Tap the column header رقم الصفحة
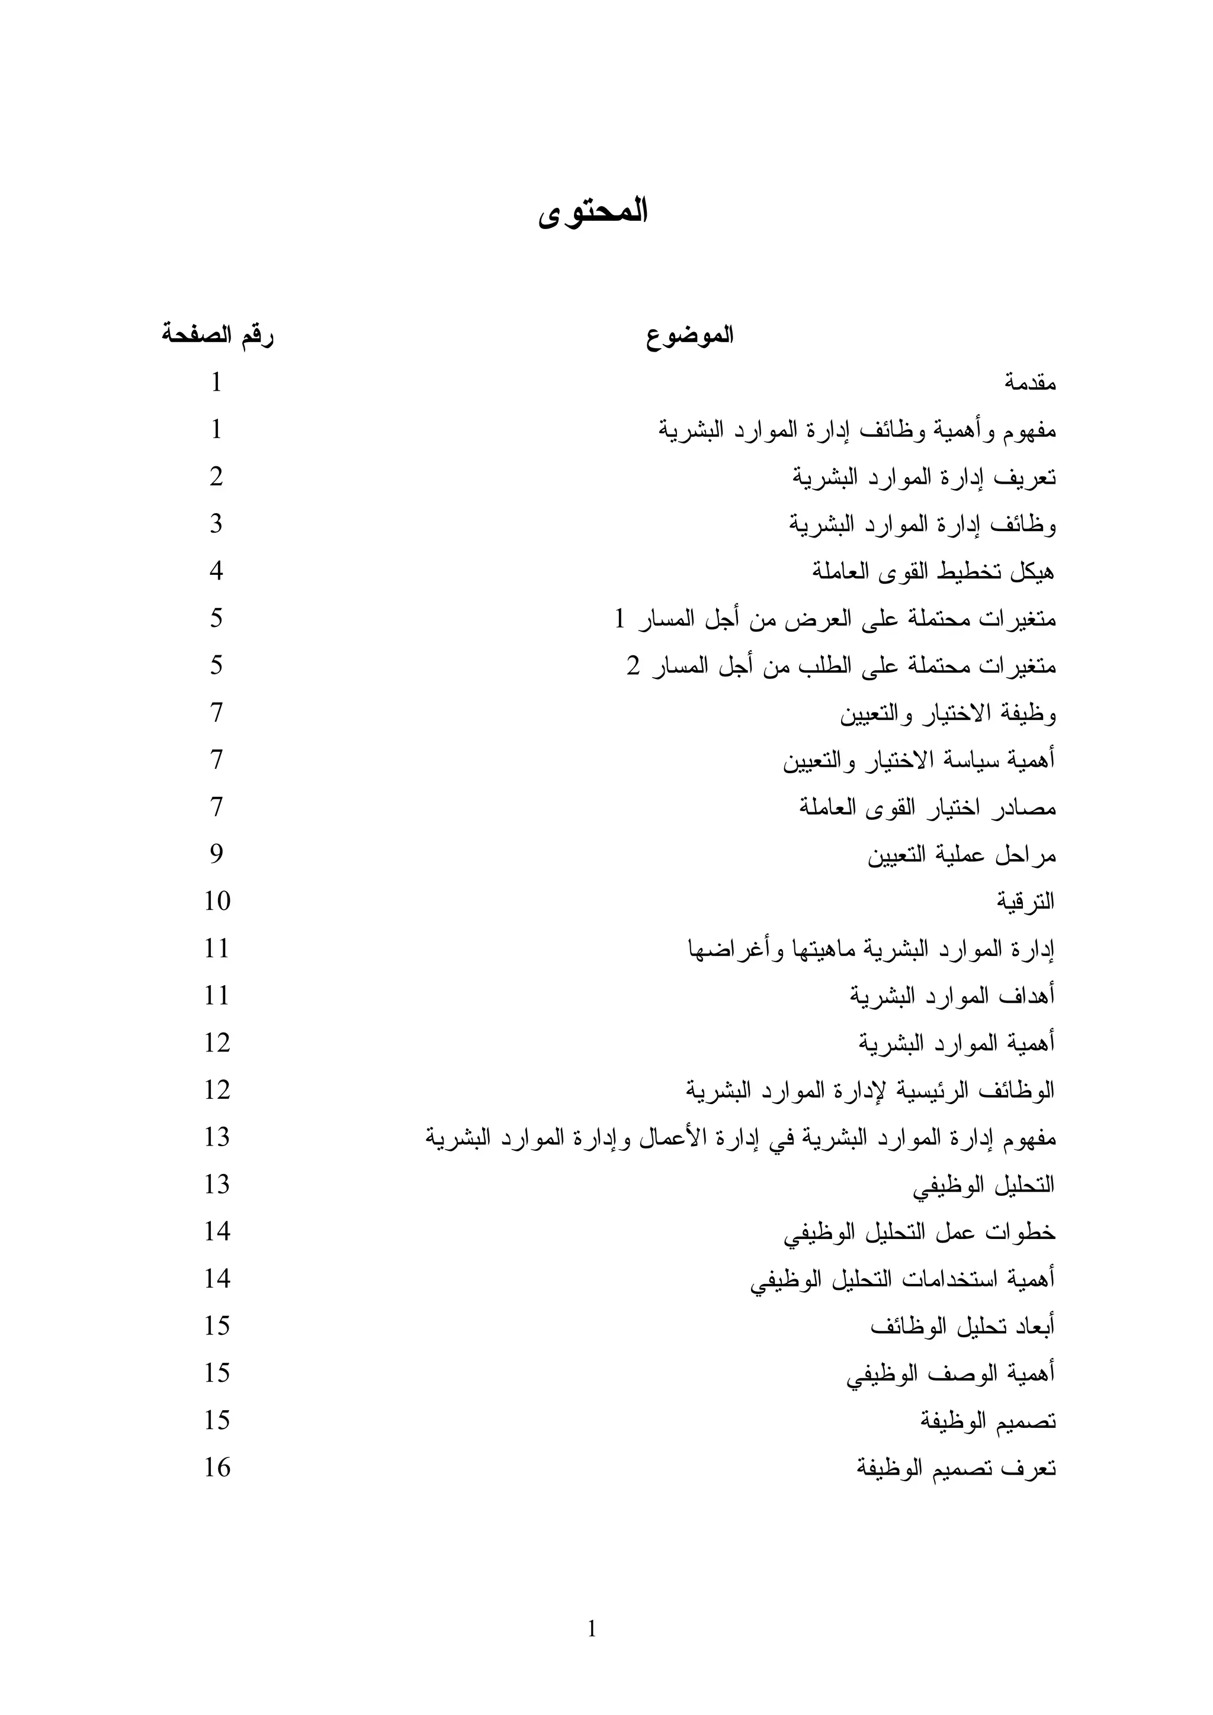click(217, 336)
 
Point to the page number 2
click(216, 477)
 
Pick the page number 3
click(216, 523)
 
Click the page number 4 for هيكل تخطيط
click(216, 571)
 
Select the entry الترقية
click(1025, 902)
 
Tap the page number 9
click(216, 854)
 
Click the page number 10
click(217, 901)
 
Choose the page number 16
click(217, 1467)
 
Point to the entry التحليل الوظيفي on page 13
click(984, 1185)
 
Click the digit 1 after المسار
click(620, 619)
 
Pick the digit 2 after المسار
click(633, 665)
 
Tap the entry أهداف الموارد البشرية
click(952, 996)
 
